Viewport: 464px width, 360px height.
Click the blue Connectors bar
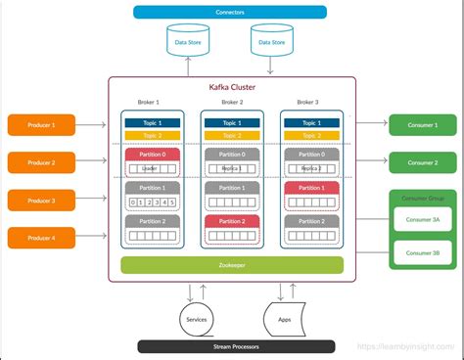(x=231, y=12)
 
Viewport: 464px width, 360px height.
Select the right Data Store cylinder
(x=271, y=42)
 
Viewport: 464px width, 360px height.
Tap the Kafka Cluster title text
(x=231, y=88)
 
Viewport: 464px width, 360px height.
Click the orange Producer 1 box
(x=40, y=124)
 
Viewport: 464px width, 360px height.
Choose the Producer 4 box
(x=40, y=238)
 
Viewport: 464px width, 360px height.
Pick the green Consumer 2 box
(x=422, y=162)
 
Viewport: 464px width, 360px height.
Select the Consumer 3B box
(x=422, y=253)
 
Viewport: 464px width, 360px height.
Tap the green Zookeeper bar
(x=231, y=265)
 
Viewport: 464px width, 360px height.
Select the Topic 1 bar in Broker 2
(x=231, y=123)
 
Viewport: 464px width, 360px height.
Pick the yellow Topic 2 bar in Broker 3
(x=311, y=135)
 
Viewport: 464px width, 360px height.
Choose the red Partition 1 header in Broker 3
(x=311, y=188)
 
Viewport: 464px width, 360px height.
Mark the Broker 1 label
(x=150, y=103)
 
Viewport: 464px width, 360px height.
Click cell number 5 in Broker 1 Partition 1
(x=172, y=202)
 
